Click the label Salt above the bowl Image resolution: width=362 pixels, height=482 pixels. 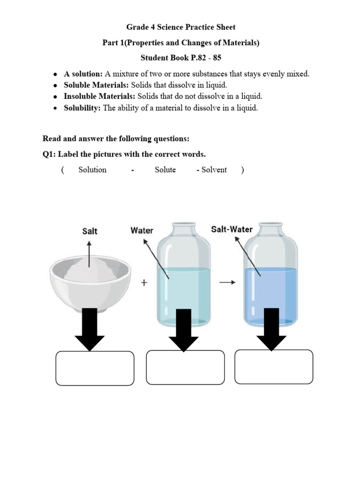tap(90, 231)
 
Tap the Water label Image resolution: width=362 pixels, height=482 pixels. tap(141, 231)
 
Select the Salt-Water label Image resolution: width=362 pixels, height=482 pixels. tap(231, 229)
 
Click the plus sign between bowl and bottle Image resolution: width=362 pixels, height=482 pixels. tap(144, 283)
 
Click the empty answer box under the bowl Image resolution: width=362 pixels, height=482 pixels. tap(95, 369)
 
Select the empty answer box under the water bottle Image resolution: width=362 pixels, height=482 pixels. tap(185, 368)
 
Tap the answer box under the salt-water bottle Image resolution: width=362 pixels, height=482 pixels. tap(274, 367)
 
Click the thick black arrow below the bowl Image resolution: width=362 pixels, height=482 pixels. tap(89, 329)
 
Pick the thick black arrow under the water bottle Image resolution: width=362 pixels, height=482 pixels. tap(183, 329)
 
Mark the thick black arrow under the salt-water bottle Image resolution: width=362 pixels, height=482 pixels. tap(271, 329)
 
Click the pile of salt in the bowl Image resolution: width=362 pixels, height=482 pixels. tap(90, 270)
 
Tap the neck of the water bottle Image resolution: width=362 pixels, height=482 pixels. tap(183, 229)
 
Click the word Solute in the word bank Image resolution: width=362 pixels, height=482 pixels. tap(165, 170)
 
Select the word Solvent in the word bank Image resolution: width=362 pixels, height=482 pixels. tap(214, 170)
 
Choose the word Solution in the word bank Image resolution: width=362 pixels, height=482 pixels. tap(92, 170)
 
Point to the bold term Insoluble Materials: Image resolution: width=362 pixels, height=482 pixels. tap(99, 96)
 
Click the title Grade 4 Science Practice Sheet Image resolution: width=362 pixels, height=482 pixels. tap(181, 27)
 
